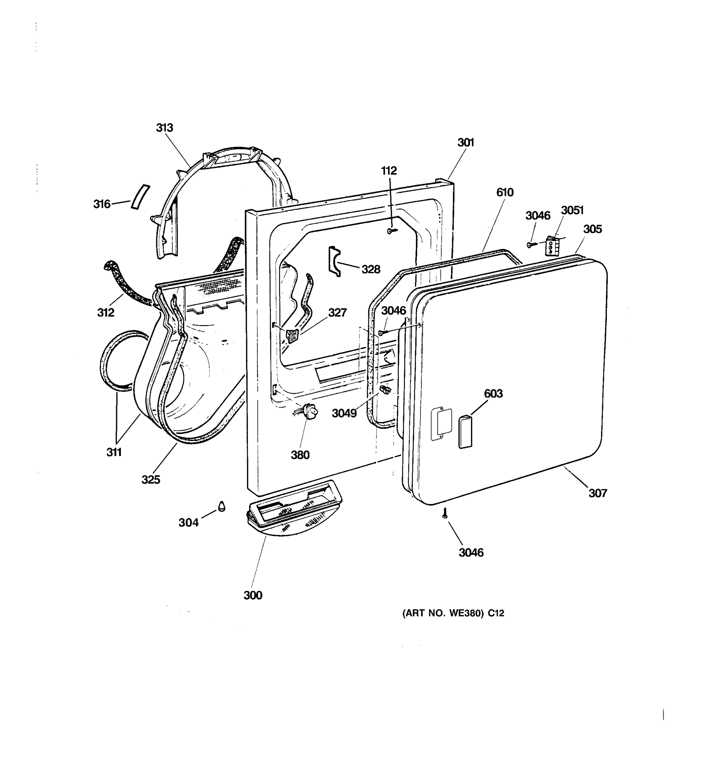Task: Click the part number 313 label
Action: [164, 127]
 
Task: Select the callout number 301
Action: [465, 143]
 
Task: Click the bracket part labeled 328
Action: [334, 261]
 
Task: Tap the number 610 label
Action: [505, 192]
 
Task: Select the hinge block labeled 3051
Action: [553, 245]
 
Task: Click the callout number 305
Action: [592, 229]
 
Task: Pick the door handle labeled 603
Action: [465, 432]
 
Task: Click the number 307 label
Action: [597, 493]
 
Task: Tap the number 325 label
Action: [151, 480]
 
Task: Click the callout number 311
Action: [114, 452]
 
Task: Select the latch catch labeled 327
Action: [292, 336]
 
